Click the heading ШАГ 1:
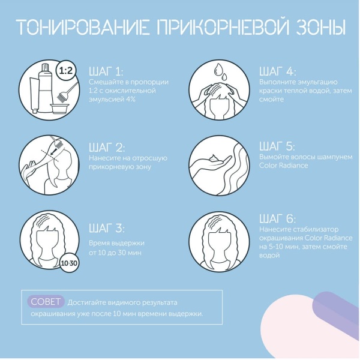106,70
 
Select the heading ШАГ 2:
106,147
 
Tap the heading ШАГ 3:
106,228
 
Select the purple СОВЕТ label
45,301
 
